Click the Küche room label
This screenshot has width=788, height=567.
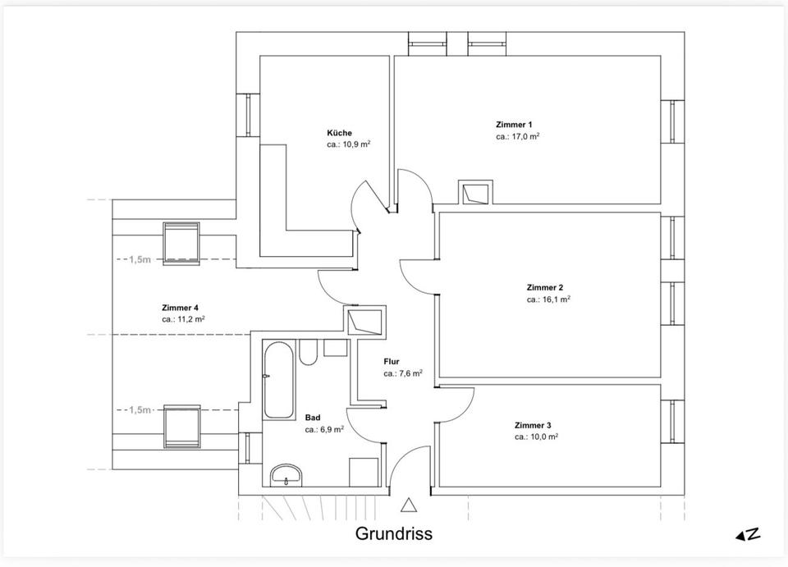[x=339, y=133]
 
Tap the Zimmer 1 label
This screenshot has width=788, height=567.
[x=513, y=125]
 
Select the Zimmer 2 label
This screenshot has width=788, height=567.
[x=544, y=288]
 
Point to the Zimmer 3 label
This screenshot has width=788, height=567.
[x=533, y=426]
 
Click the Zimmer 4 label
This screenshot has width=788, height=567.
[x=180, y=308]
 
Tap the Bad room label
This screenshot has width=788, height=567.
[x=313, y=417]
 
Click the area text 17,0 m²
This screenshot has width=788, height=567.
[x=517, y=137]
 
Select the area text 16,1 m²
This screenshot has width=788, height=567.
[x=548, y=300]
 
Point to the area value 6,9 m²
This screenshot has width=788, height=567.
[x=324, y=429]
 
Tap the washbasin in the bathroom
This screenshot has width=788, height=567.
[x=286, y=473]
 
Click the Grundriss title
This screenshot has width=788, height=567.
[x=393, y=533]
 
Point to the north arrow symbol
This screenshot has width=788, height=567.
[x=747, y=534]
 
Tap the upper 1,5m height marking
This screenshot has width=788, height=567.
[x=140, y=259]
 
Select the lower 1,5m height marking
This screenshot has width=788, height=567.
[x=140, y=409]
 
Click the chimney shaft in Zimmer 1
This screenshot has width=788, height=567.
[x=475, y=193]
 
